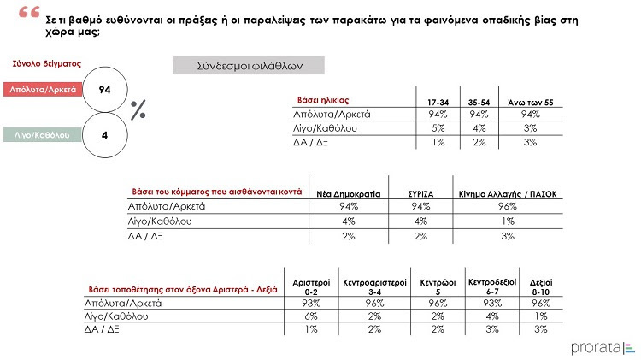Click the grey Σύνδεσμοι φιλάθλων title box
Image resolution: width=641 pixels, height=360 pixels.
point(238,65)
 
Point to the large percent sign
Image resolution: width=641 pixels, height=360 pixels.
point(138,110)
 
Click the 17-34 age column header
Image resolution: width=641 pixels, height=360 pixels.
point(438,103)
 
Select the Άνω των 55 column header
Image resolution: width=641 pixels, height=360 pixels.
point(531,103)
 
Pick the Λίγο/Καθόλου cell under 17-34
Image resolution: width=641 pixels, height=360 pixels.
point(438,127)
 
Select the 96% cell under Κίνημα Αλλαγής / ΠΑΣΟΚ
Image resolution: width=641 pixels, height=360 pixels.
point(508,206)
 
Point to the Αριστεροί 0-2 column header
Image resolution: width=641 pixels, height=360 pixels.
point(311,286)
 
